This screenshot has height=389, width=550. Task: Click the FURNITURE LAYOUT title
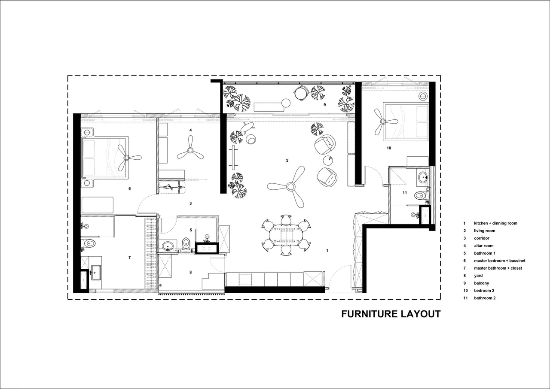point(391,314)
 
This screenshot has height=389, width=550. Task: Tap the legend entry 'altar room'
point(483,246)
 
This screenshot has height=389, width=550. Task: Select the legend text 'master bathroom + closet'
point(498,268)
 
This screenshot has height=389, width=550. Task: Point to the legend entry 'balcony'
point(482,283)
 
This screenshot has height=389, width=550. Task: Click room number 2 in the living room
point(287,161)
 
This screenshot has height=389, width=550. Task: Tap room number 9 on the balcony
point(324,105)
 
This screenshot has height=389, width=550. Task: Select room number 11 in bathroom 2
point(405,193)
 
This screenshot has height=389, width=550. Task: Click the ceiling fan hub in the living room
point(290,187)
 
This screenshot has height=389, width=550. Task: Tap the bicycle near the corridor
point(171,188)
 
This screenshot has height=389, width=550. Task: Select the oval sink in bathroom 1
point(168,245)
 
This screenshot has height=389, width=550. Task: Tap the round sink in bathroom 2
point(423,177)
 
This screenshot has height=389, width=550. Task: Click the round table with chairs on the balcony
point(300,93)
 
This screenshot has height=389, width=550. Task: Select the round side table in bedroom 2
point(423,96)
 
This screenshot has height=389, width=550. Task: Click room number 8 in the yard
point(190,272)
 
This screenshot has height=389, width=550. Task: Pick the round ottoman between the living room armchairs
point(327,161)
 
